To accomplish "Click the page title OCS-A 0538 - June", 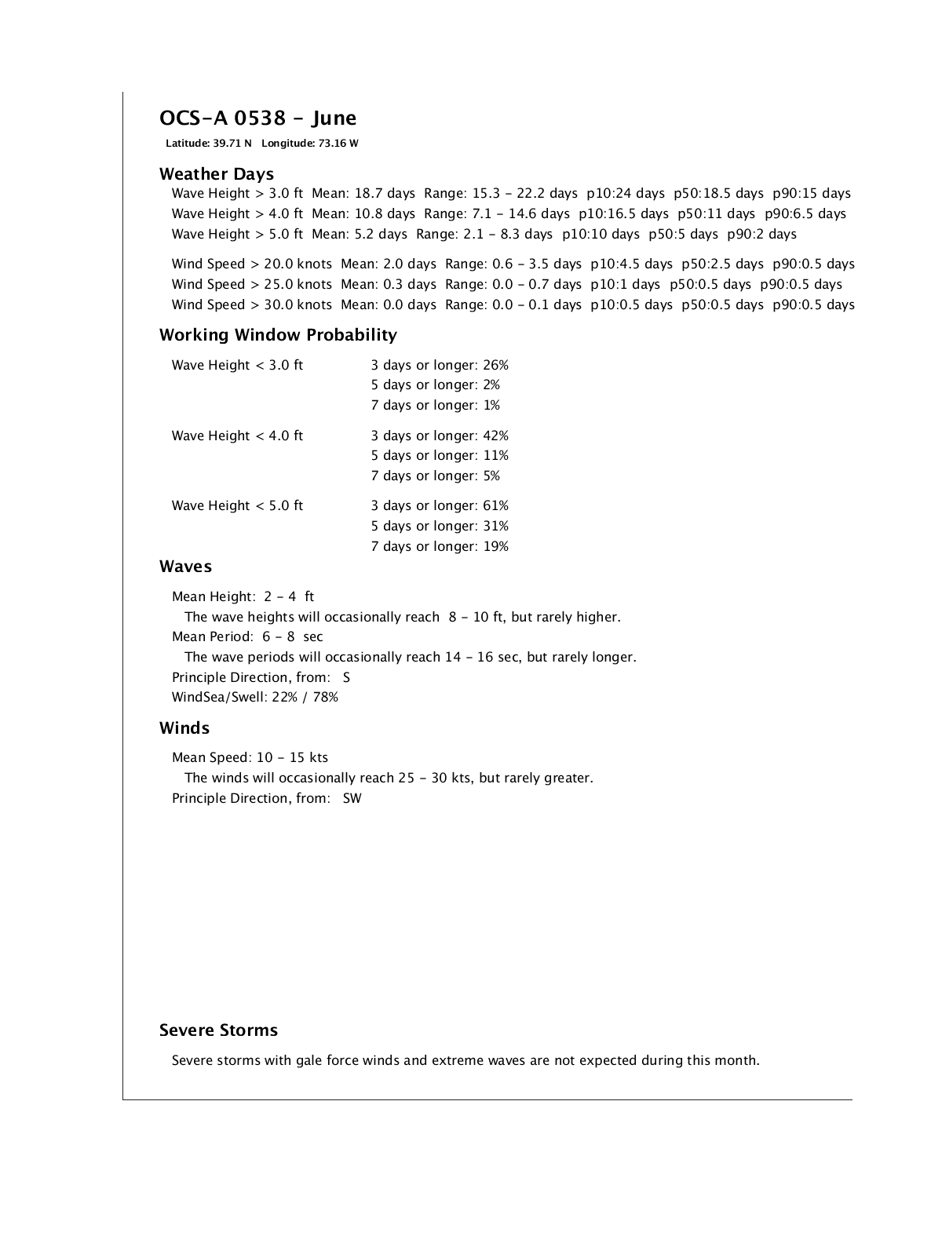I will click(x=257, y=118).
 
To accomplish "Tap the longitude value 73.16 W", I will click(x=338, y=144).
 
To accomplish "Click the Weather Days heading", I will click(x=217, y=174).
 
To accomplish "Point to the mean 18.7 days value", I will click(x=384, y=194).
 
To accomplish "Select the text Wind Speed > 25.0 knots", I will click(x=251, y=285).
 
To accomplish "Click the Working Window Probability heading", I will click(x=278, y=335).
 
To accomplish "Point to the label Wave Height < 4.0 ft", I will click(x=237, y=436).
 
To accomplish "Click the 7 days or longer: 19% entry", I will click(x=440, y=547).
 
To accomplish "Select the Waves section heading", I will click(x=185, y=567).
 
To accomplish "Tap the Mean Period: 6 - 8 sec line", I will click(x=247, y=637).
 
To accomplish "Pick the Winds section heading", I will click(x=184, y=728).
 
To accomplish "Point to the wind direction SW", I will click(x=352, y=799).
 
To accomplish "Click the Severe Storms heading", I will click(x=218, y=1030).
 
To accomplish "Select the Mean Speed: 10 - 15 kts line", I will click(x=250, y=758).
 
